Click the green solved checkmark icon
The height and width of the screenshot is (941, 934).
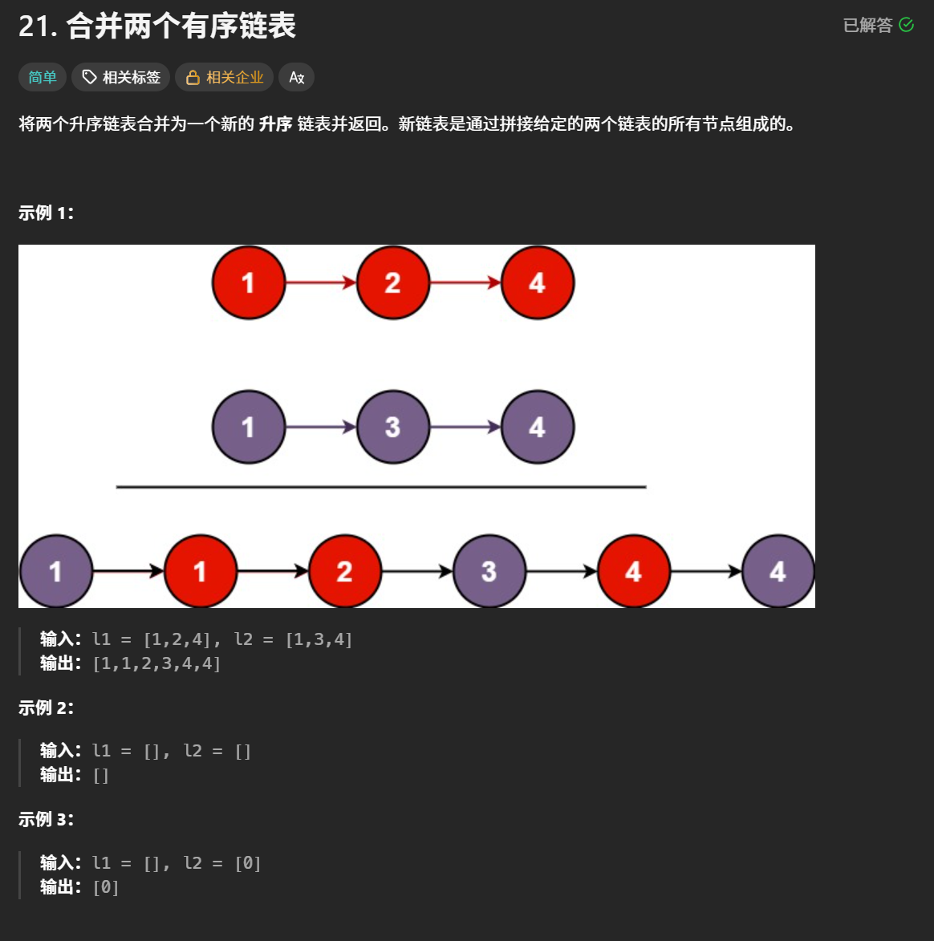click(907, 25)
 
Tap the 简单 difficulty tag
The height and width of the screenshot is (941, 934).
click(43, 77)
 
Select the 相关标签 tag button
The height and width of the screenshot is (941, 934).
click(121, 77)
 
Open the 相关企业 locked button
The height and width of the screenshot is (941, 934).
click(225, 77)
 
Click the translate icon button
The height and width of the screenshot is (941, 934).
click(296, 77)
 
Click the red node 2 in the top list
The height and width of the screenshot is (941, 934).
click(392, 282)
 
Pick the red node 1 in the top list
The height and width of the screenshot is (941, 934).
click(249, 282)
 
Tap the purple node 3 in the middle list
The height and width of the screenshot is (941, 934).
click(392, 427)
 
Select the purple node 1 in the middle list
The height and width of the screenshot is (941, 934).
click(249, 427)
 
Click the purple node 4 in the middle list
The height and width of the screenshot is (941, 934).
click(537, 427)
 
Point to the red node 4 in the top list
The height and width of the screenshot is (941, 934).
click(537, 282)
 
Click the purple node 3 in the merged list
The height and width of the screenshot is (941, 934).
click(489, 571)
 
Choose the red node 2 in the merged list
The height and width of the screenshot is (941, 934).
click(344, 571)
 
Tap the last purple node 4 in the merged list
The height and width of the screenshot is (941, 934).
click(777, 571)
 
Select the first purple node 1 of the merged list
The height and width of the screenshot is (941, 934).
click(55, 571)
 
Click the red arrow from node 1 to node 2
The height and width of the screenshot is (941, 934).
click(320, 282)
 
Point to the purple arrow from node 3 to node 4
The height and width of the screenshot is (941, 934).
click(465, 427)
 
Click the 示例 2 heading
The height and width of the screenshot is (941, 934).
click(46, 708)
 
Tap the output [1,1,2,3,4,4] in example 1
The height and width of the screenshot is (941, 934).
click(156, 663)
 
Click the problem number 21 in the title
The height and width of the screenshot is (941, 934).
click(37, 26)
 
